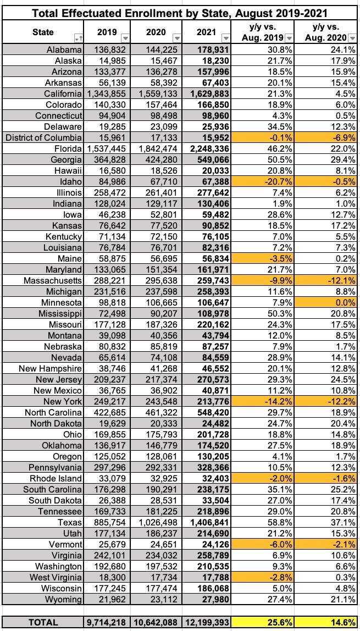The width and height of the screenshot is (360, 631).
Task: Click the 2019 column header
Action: tap(107, 32)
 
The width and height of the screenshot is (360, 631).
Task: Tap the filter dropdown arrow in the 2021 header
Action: tap(226, 38)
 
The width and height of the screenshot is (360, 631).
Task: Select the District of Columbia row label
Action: tap(43, 137)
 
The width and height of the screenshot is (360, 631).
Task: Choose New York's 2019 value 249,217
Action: tap(106, 401)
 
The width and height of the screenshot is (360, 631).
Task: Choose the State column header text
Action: tap(43, 32)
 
